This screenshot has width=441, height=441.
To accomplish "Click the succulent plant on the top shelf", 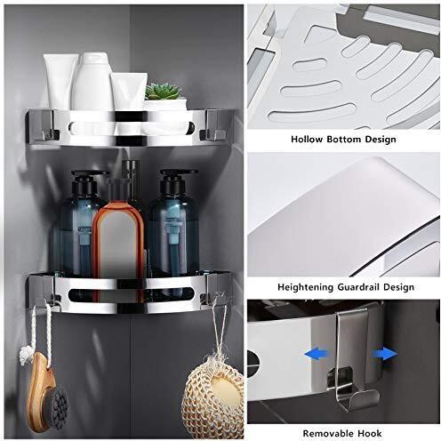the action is pyautogui.click(x=163, y=91).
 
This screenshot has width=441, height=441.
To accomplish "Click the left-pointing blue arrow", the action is pyautogui.click(x=317, y=354).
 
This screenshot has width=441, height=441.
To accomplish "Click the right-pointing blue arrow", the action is pyautogui.click(x=385, y=354).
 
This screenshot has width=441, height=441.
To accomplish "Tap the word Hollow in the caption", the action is pyautogui.click(x=307, y=140).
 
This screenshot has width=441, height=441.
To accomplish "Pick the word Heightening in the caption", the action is pyautogui.click(x=305, y=287).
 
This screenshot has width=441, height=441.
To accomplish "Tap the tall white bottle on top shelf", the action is pyautogui.click(x=92, y=82).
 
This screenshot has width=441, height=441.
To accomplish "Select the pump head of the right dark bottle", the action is pyautogui.click(x=175, y=180).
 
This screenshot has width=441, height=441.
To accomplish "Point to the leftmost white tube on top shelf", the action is pyautogui.click(x=60, y=82).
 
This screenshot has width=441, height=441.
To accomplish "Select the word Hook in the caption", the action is pyautogui.click(x=370, y=433).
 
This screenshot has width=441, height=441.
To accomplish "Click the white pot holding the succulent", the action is pyautogui.click(x=165, y=105).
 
